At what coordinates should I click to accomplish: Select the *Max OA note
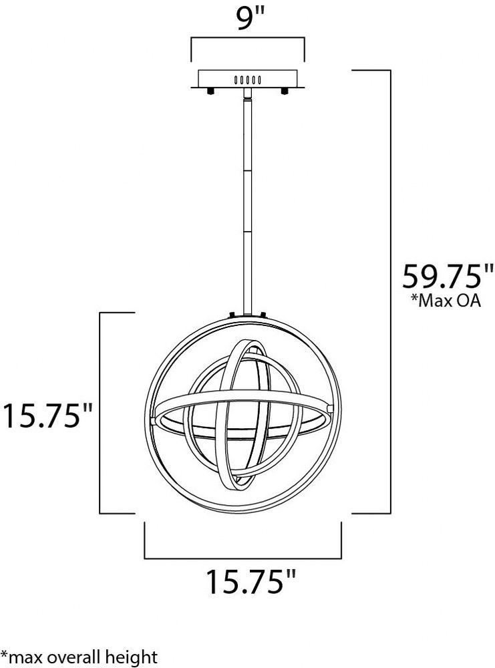[446, 301]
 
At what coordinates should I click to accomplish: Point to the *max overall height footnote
[79, 657]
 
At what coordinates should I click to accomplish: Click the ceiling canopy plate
[247, 79]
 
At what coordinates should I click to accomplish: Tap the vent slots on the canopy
[247, 79]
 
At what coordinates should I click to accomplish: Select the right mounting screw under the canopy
[284, 92]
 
